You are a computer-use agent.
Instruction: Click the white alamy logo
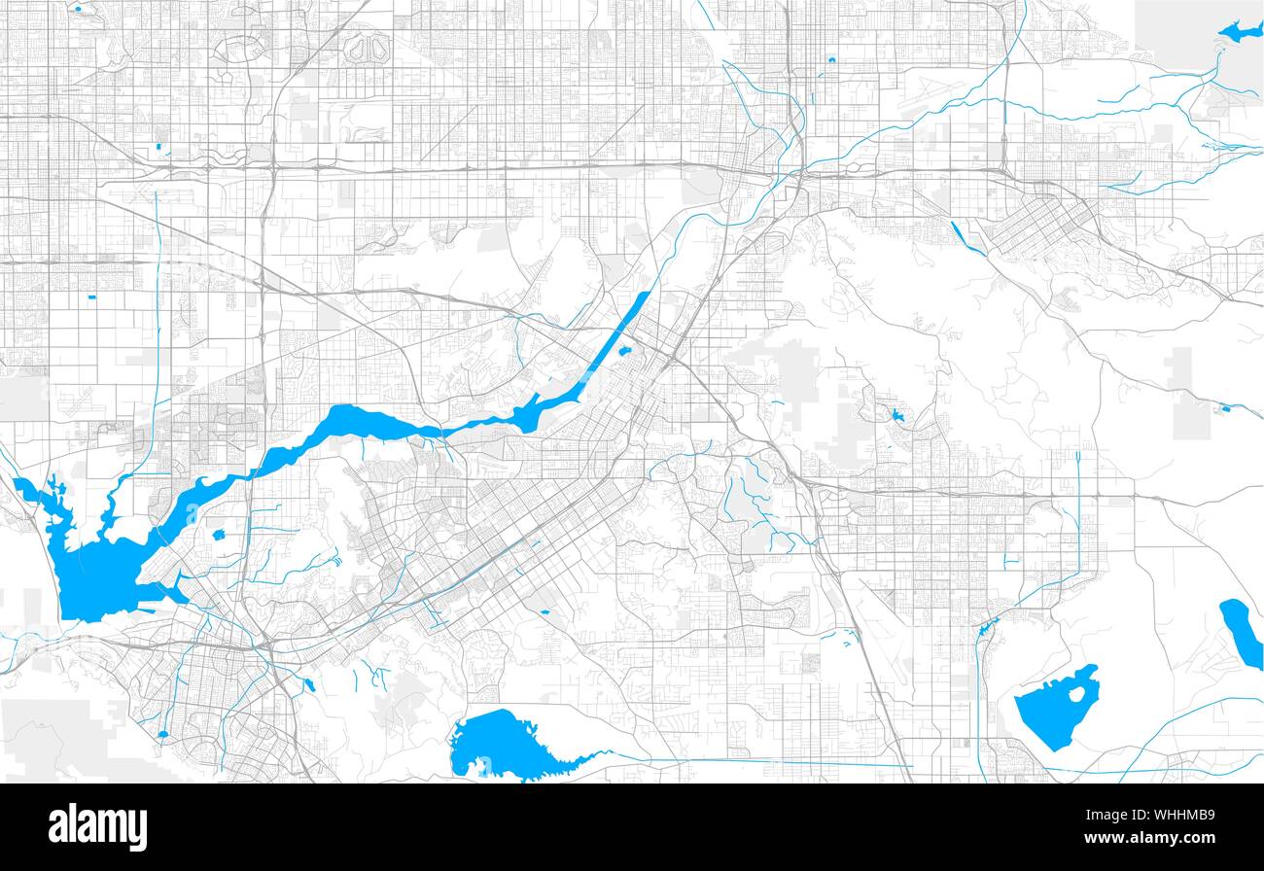pos(97,826)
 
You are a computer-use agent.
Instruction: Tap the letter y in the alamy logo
pos(137,830)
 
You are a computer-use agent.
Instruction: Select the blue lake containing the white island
pos(1050,714)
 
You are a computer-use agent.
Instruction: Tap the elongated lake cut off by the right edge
pos(1241,632)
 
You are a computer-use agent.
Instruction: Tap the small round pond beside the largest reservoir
pos(218,534)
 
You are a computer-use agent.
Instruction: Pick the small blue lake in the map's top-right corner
pos(1238,32)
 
